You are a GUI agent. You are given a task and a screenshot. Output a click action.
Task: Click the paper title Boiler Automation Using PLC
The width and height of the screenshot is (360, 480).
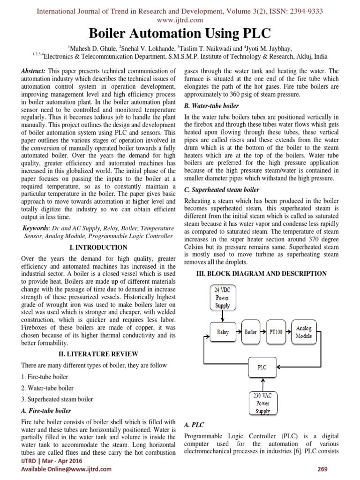tap(180, 34)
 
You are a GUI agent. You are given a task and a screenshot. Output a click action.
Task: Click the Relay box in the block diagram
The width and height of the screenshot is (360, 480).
tap(223, 332)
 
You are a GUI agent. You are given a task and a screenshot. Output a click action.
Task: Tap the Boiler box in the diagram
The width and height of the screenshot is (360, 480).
tap(250, 332)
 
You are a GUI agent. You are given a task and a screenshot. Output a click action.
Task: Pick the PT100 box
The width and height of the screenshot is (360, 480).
tap(276, 332)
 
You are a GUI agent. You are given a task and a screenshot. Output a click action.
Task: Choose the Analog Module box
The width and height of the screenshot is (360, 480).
tap(304, 332)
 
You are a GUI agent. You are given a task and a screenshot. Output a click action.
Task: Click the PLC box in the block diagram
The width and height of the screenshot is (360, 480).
tap(262, 367)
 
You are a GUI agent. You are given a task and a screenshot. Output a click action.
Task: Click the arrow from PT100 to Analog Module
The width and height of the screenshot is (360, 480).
tap(289, 332)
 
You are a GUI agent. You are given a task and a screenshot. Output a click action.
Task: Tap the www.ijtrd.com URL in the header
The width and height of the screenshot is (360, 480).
tap(180, 20)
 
